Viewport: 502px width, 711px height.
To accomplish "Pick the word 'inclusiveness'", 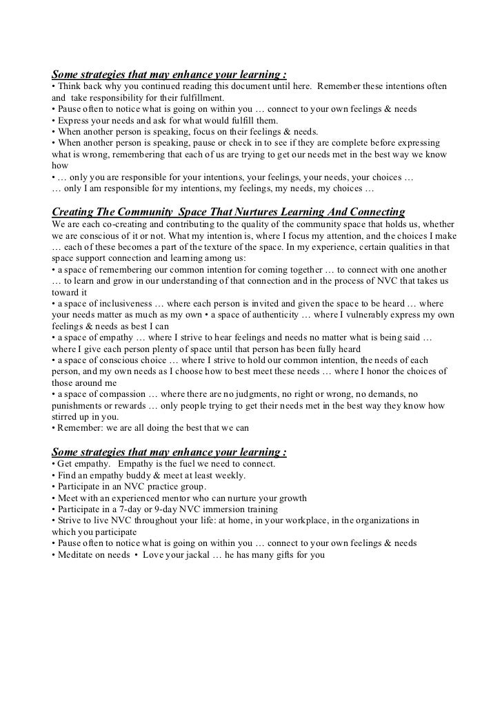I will (123, 304).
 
